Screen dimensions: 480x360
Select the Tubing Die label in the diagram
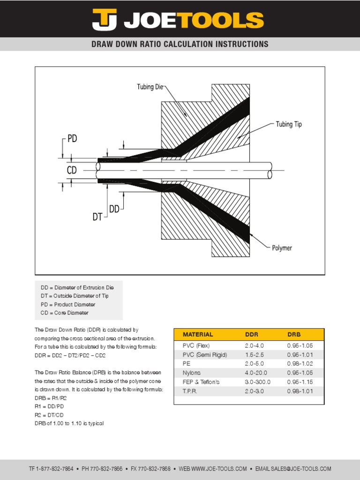pos(150,87)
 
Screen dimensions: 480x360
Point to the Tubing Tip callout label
pos(289,124)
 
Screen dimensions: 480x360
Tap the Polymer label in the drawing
pos(282,247)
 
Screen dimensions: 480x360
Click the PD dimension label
pos(72,139)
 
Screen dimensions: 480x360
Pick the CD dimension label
pos(71,171)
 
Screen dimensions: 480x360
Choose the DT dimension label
pos(97,217)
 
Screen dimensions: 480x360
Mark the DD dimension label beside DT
pos(114,209)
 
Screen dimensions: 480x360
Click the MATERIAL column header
pos(198,335)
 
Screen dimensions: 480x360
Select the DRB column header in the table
pos(294,335)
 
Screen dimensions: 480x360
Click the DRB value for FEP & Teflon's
pos(300,382)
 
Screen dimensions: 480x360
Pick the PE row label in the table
pos(186,363)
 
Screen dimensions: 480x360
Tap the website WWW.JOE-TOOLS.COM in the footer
pos(219,469)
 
